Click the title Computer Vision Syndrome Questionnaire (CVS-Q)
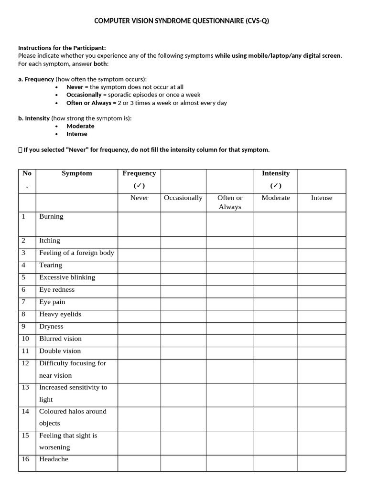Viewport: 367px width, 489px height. tap(182, 21)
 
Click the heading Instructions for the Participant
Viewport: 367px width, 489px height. tap(62, 48)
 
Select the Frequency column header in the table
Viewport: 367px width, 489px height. tap(139, 173)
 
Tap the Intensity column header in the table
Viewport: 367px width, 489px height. tap(276, 173)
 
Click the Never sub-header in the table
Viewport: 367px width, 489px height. tap(139, 198)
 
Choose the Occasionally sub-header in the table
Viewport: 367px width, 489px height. tap(183, 198)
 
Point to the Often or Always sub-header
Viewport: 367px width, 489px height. tap(230, 202)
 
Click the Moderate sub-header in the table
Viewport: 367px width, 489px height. tap(276, 198)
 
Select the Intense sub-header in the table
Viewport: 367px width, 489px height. tap(322, 198)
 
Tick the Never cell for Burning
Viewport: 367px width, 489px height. tap(139, 224)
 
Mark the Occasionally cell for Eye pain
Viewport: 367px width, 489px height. tap(183, 302)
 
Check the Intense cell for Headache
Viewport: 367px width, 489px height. tap(322, 463)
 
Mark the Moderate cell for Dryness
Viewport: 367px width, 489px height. tap(276, 327)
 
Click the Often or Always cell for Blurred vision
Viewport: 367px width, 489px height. tap(230, 339)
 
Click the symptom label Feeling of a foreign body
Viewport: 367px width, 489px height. tap(76, 253)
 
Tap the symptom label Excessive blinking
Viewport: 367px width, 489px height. tap(67, 277)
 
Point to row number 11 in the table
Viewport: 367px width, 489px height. tap(25, 351)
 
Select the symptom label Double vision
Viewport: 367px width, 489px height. tap(60, 351)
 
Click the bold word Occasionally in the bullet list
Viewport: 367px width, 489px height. tap(84, 95)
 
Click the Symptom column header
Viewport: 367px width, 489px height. tap(76, 173)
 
